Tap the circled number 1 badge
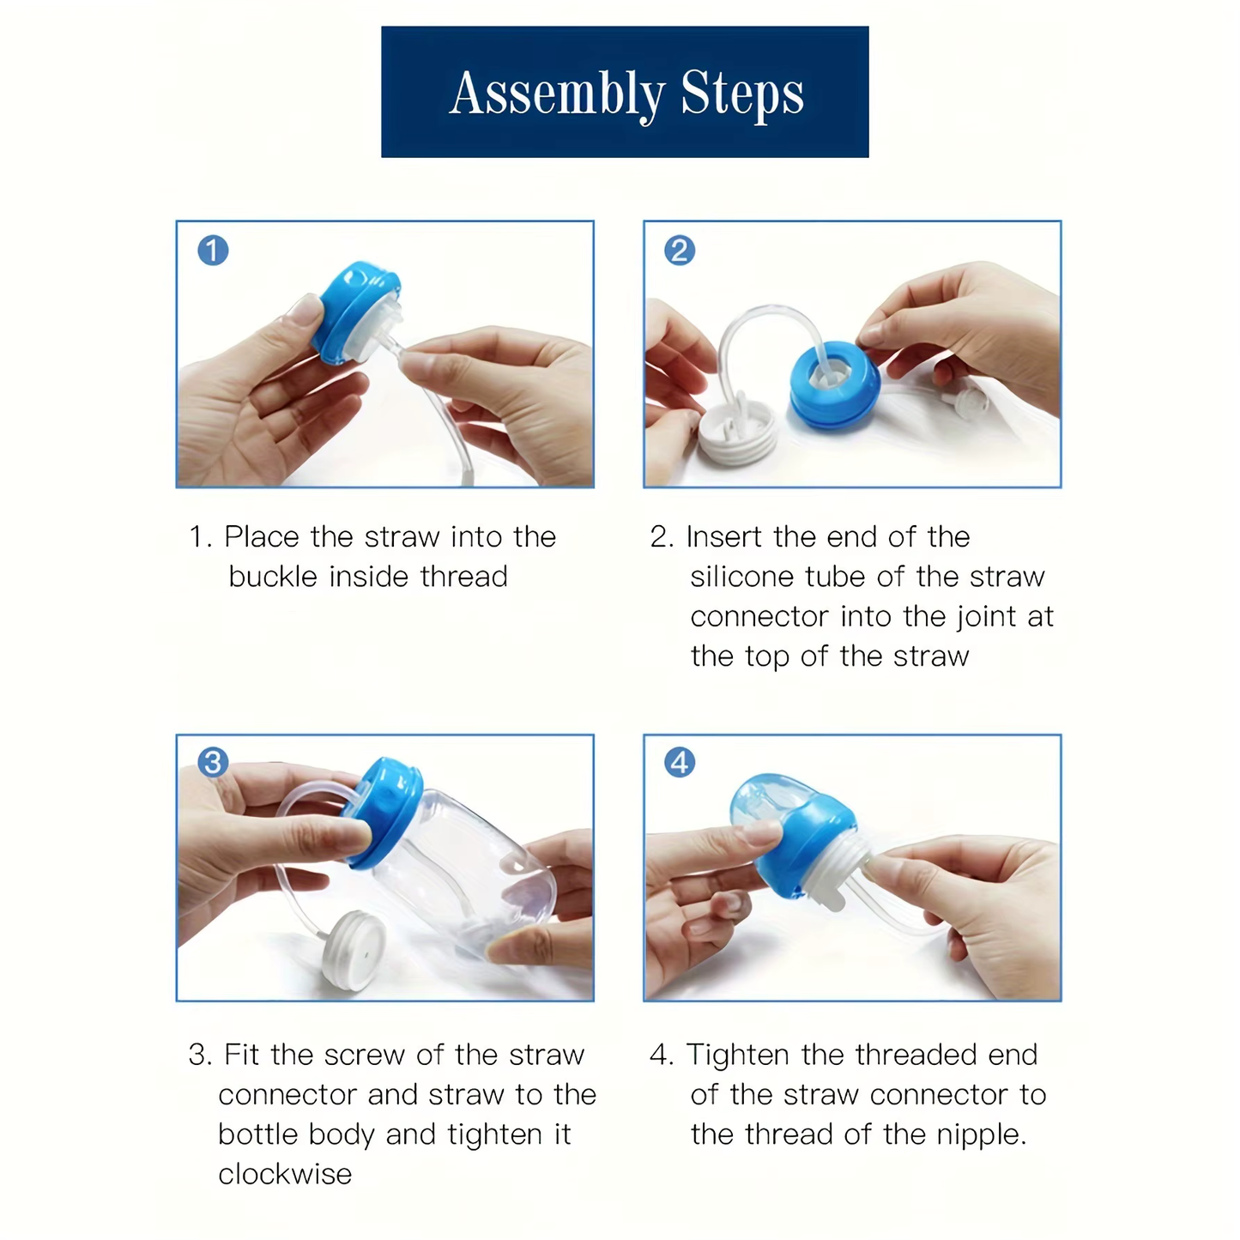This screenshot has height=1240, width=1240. click(213, 251)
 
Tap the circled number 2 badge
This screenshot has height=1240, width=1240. click(680, 251)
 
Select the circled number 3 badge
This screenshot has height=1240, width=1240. click(213, 762)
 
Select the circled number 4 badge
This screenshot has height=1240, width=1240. click(680, 762)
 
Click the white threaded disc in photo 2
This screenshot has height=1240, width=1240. click(736, 433)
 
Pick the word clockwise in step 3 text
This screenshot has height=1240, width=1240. click(285, 1174)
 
